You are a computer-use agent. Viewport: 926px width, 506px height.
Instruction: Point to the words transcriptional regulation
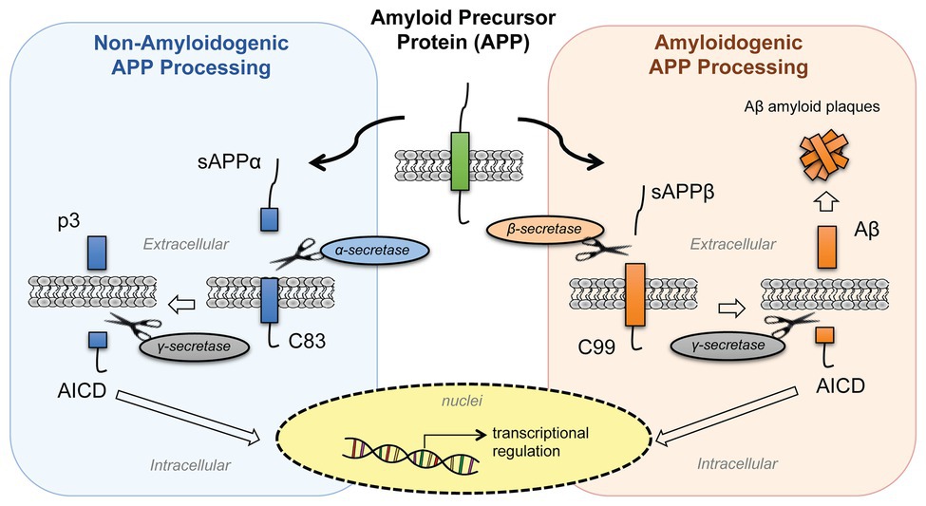point(540,441)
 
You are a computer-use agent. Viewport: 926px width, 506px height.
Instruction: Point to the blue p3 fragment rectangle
point(96,253)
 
